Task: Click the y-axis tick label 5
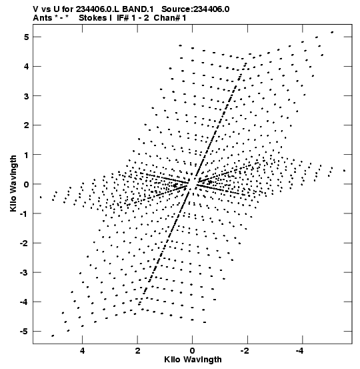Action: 26,37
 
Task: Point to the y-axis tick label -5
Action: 25,332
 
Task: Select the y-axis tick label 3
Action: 26,96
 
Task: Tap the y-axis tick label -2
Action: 25,243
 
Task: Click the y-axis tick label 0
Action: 26,184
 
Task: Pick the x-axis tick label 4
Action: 82,351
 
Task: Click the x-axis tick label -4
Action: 299,351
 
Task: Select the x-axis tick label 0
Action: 193,351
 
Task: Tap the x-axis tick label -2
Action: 245,351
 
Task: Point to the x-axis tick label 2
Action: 137,351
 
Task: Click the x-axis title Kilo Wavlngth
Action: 193,360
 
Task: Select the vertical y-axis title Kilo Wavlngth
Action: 13,183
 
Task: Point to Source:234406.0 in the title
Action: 195,9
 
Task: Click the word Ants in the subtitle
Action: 43,18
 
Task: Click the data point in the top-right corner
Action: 332,32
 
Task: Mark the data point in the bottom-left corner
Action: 53,336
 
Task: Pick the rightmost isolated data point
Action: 344,171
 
